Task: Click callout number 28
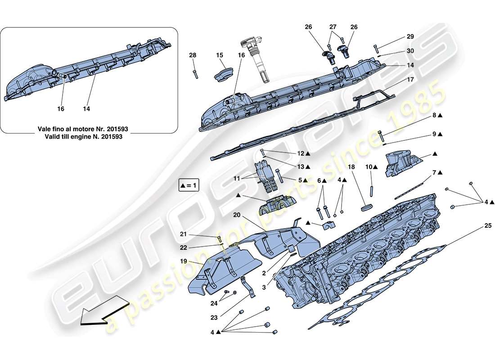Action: (193, 55)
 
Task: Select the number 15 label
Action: (220, 55)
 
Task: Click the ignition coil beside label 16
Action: (255, 58)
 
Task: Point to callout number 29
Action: (410, 36)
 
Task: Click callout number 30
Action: (410, 51)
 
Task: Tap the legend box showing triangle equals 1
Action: (189, 185)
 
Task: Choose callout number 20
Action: (238, 215)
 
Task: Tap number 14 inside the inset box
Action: (87, 109)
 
